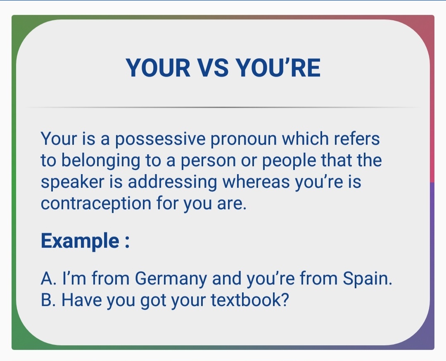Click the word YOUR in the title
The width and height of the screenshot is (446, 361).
coord(158,68)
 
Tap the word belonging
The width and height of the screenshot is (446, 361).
coord(101,161)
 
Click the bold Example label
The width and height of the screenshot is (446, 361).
coord(80,241)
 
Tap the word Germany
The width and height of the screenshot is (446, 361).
coord(171,279)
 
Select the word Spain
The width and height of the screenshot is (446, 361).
coord(367,279)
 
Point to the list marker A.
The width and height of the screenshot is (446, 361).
coord(46,279)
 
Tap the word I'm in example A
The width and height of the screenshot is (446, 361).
coord(74,279)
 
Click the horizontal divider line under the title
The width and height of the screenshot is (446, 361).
coord(223,108)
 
